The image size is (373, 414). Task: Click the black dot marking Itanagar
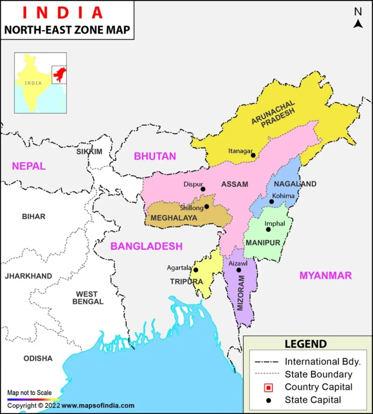(253, 155)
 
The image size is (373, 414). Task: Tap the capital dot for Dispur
(203, 189)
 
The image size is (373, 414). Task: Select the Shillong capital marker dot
(207, 207)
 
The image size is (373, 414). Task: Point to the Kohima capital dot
(271, 202)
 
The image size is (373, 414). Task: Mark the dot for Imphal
(268, 229)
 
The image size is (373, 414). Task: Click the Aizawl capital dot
(239, 270)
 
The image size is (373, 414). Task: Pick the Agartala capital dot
(196, 270)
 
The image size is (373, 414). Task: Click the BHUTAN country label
(155, 156)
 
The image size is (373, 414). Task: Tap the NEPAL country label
(29, 166)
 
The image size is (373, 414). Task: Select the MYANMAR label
(325, 275)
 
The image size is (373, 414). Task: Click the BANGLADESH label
(146, 246)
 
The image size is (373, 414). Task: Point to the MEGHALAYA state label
(174, 218)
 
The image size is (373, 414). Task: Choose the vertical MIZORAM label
(241, 293)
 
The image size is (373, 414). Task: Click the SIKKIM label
(89, 152)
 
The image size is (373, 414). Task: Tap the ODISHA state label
(38, 358)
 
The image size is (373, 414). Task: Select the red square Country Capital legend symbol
(269, 387)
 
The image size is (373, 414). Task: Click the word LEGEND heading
(305, 344)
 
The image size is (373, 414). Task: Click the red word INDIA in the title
(63, 13)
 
